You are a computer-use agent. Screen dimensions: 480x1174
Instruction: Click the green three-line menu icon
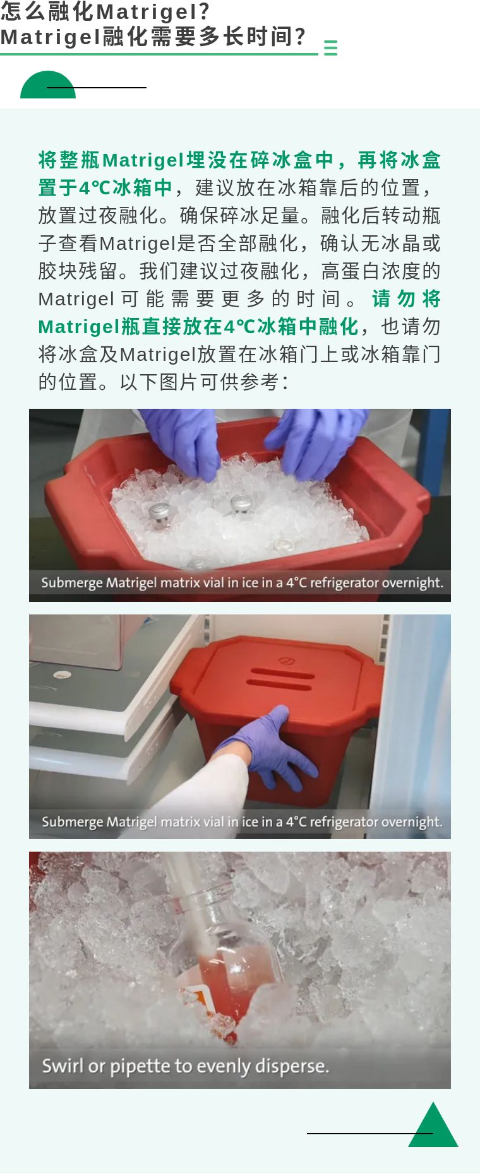click(330, 48)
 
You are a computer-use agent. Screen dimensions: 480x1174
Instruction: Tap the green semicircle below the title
click(48, 85)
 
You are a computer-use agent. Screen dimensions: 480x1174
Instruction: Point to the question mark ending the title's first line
click(203, 11)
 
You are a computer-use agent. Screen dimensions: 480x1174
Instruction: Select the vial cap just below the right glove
click(241, 503)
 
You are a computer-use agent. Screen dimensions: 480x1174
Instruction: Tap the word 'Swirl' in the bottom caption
click(63, 1065)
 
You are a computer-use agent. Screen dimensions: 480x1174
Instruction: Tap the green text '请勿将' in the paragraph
click(406, 299)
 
